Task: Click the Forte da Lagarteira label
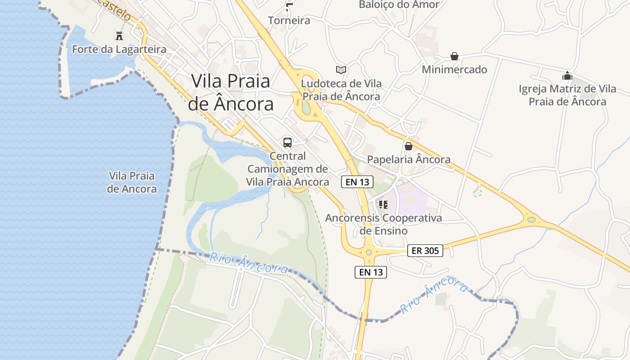[119, 49]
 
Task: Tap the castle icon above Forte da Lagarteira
[119, 36]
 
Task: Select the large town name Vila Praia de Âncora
[230, 92]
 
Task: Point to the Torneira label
[289, 20]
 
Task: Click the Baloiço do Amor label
[399, 4]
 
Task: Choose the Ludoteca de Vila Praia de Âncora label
[341, 90]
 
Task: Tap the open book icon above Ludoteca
[341, 70]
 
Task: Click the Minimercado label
[454, 69]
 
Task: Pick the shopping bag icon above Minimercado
[454, 56]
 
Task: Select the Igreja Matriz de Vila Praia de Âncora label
[567, 95]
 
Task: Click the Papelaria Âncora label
[409, 159]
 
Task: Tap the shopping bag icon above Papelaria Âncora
[409, 146]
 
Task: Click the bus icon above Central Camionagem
[288, 143]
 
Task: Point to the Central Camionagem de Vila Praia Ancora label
[288, 169]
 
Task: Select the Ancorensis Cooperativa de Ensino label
[383, 224]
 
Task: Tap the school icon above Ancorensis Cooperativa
[383, 205]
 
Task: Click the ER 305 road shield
[425, 251]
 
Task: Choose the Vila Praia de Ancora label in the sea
[131, 182]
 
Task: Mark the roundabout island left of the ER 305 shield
[369, 252]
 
